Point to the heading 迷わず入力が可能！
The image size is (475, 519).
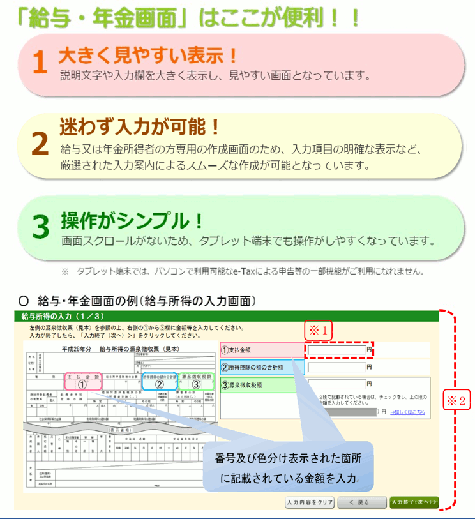click(140, 126)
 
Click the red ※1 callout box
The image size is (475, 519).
click(319, 331)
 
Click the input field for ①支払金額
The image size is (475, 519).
click(336, 350)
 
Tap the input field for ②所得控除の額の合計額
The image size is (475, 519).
click(336, 367)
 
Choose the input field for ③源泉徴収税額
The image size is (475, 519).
click(336, 384)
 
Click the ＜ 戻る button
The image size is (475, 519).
click(361, 502)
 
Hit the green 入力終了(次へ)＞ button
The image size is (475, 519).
click(414, 502)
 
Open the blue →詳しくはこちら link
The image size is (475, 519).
click(407, 412)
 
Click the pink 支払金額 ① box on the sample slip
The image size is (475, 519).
click(82, 381)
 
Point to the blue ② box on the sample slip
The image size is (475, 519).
click(159, 381)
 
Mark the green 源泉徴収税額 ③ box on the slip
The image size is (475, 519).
click(197, 381)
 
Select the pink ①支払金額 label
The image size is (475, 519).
click(260, 350)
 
